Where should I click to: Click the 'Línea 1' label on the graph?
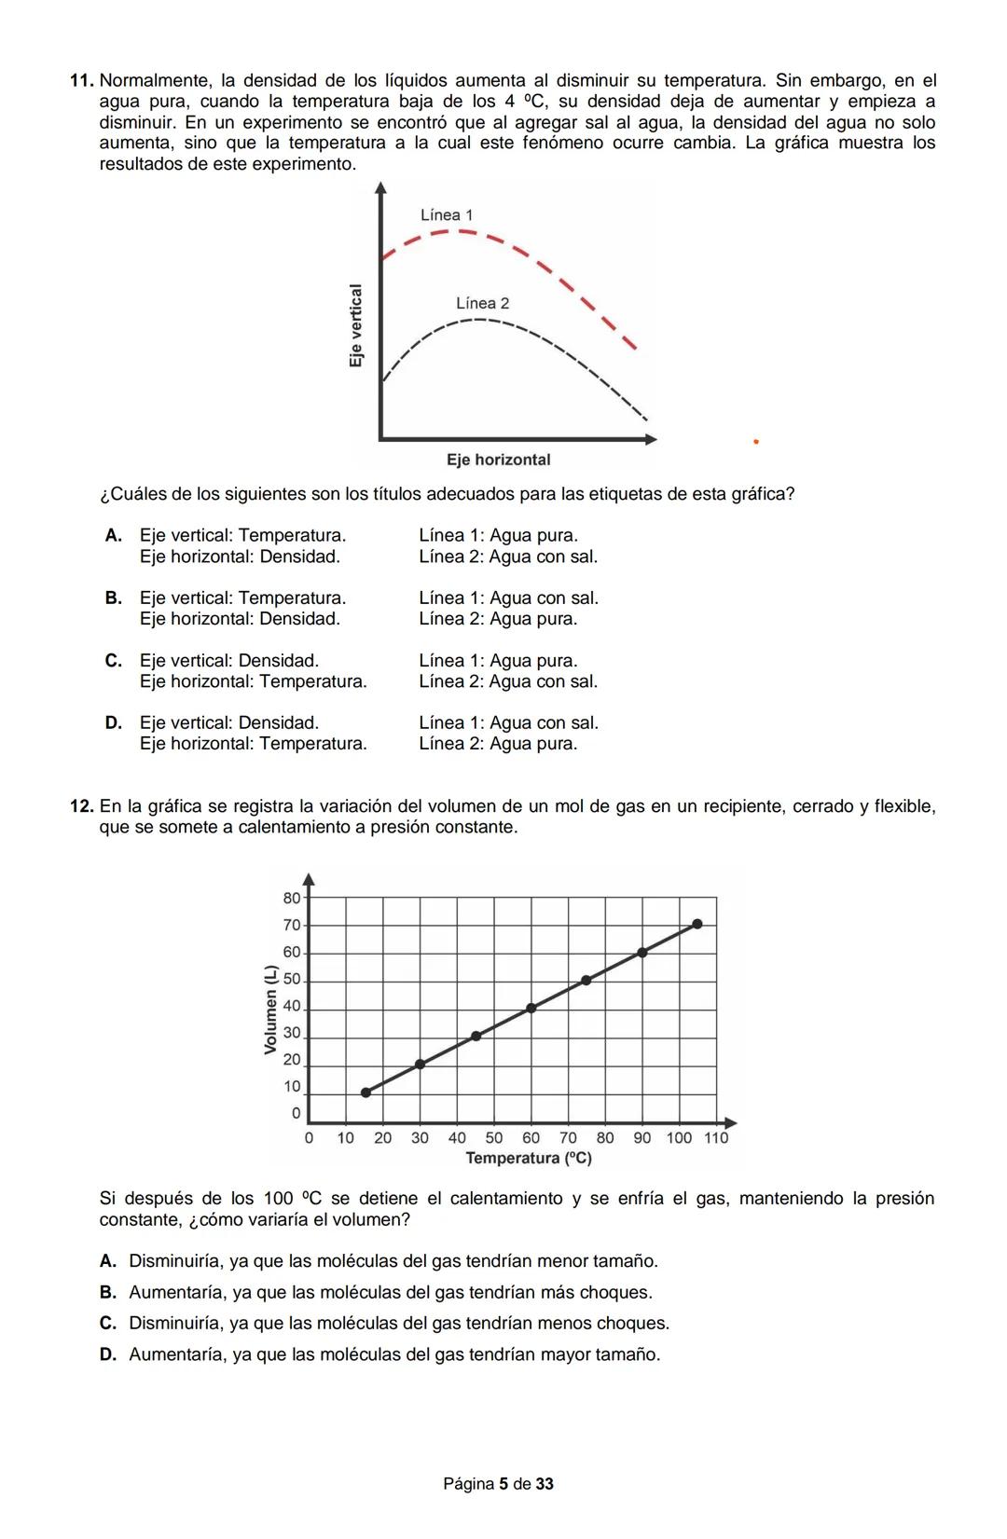(x=447, y=215)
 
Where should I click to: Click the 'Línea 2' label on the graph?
(x=482, y=304)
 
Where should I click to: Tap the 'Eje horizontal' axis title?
(x=498, y=460)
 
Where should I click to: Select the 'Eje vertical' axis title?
(x=355, y=325)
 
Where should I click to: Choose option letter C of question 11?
(x=114, y=661)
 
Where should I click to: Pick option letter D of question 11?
(x=114, y=723)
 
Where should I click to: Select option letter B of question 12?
(x=108, y=1293)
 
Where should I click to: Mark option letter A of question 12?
(x=108, y=1261)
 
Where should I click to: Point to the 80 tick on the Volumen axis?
(x=292, y=899)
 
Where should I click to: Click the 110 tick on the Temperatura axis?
(x=716, y=1138)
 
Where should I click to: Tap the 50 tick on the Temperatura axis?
(x=494, y=1138)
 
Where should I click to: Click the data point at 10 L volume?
(x=366, y=1092)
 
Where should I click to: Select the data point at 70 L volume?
(x=697, y=924)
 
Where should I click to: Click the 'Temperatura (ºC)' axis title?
(x=529, y=1159)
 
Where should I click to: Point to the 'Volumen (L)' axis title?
(x=270, y=1010)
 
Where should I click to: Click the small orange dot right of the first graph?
(x=756, y=442)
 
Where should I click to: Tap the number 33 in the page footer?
(x=545, y=1484)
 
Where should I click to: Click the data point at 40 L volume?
(x=531, y=1008)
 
